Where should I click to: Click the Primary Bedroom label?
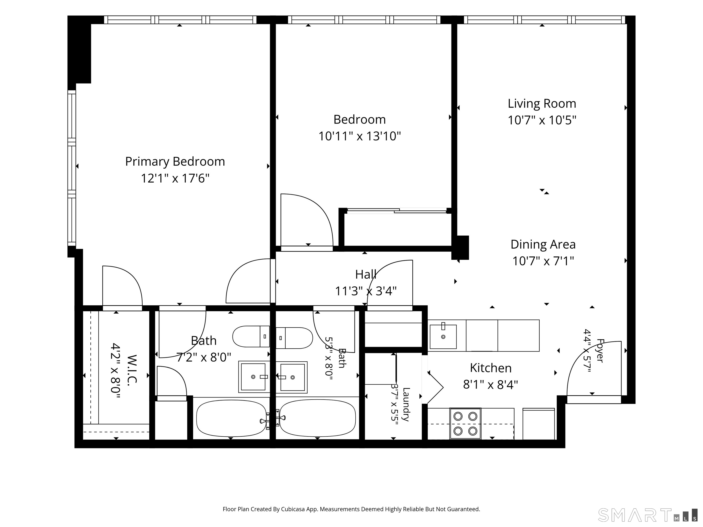coord(175,162)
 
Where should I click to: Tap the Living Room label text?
coord(542,104)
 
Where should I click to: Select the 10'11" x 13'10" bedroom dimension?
coord(360,136)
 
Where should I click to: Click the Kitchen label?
coord(491,368)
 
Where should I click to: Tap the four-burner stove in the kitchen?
coord(465,423)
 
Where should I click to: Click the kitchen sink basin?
coord(443,336)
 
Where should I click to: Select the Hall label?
coord(366,274)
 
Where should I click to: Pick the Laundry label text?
coord(406,404)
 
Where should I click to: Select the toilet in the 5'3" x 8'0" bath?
coord(294,338)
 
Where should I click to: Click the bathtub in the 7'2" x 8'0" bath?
coord(231,418)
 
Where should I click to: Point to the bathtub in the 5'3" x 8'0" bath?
coord(317,418)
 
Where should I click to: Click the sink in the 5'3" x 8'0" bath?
coord(292,377)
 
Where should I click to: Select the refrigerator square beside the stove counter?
coord(539,424)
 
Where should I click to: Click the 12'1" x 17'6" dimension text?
coord(175,178)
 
